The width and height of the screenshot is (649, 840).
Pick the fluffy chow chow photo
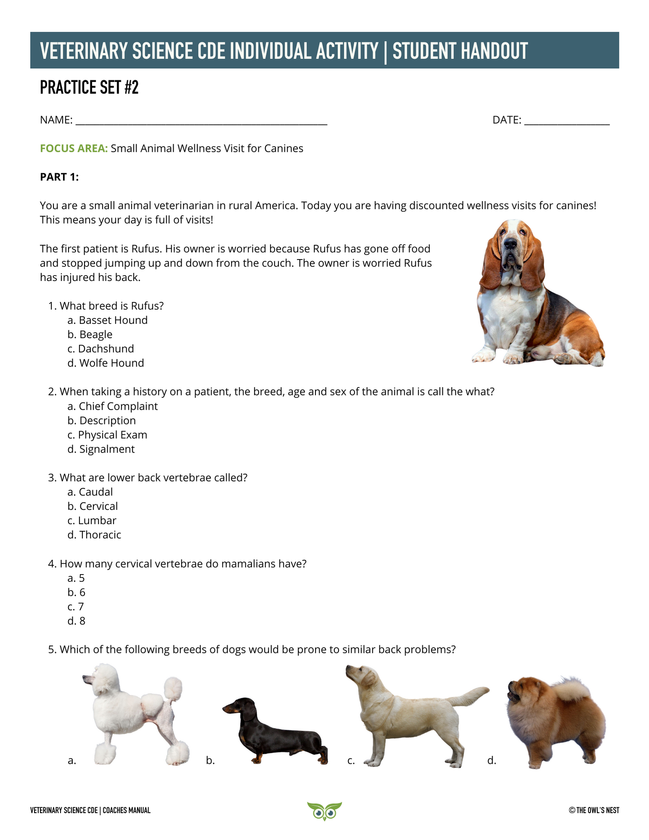click(555, 721)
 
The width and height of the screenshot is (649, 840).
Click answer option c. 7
click(76, 607)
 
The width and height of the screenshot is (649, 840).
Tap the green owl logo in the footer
click(324, 811)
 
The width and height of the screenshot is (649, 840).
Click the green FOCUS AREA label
click(74, 148)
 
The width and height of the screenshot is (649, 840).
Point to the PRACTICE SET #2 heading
click(89, 87)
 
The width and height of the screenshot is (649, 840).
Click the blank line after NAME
click(201, 121)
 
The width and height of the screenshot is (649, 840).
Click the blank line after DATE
click(567, 121)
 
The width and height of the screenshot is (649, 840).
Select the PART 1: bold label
click(59, 177)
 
